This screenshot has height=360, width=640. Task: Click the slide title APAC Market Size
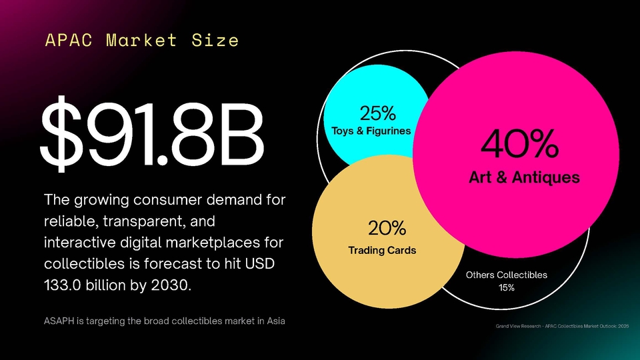point(141,41)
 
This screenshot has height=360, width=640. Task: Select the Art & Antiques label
point(523,177)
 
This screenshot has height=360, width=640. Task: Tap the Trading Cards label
point(382,251)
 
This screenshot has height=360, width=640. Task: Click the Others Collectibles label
point(506,275)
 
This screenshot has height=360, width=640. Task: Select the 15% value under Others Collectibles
point(506,288)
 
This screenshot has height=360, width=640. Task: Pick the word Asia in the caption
point(273,322)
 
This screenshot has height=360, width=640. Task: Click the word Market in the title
point(141,41)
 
